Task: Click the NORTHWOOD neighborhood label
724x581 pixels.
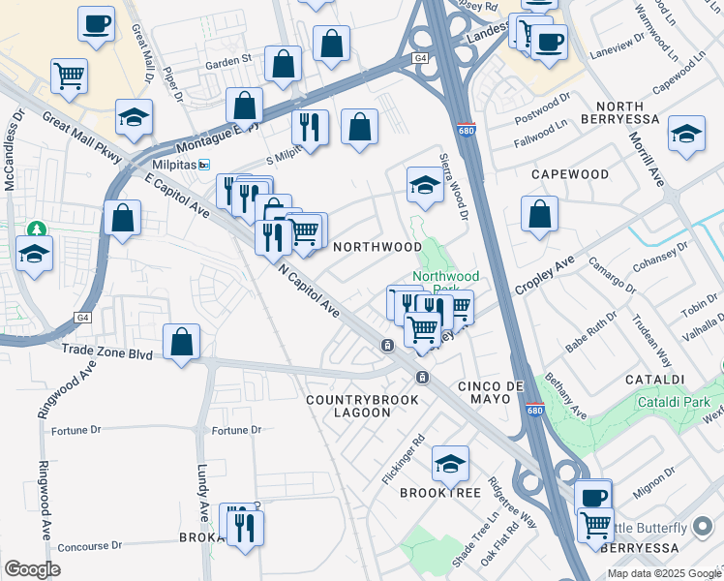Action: (377, 247)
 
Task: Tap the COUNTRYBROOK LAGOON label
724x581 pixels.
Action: (363, 406)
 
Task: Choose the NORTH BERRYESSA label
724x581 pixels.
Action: (628, 111)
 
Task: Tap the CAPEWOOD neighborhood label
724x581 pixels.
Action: (570, 174)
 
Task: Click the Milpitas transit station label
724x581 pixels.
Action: (171, 165)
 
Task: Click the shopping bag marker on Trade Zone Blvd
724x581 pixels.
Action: (181, 343)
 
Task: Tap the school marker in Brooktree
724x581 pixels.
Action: (450, 465)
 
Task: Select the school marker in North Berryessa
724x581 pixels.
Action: (686, 135)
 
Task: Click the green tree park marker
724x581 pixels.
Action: (38, 229)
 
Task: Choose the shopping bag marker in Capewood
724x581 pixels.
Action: (539, 216)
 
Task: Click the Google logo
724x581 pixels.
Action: (32, 569)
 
